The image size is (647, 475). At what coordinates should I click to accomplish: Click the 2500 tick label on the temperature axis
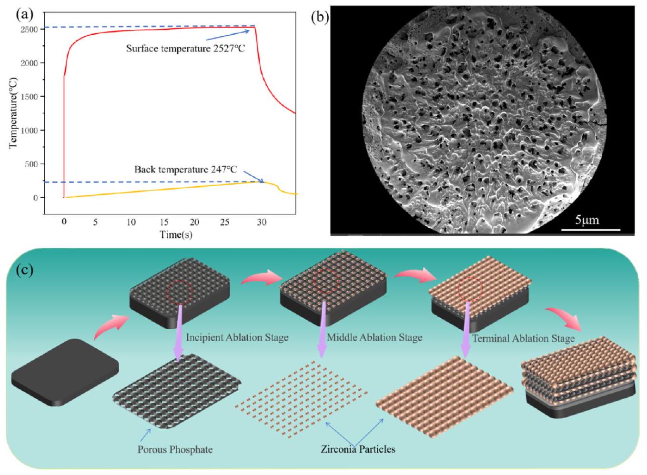click(29, 30)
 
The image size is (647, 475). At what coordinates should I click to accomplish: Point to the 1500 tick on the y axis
click(29, 97)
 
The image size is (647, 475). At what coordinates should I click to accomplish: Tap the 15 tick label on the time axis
click(164, 222)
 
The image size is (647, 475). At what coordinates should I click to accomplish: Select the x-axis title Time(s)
click(176, 234)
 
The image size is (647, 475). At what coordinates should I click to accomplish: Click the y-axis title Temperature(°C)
click(13, 112)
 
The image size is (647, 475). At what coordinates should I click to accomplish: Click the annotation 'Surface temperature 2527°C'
click(185, 48)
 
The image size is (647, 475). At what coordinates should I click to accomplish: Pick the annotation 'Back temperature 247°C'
click(185, 170)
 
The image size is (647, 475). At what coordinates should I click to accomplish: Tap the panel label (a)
click(25, 14)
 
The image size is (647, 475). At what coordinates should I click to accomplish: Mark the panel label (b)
click(320, 18)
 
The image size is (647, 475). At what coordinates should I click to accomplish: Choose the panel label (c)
click(25, 270)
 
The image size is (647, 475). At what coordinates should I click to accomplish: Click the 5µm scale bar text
click(587, 220)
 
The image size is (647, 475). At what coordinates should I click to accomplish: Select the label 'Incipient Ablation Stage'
click(237, 338)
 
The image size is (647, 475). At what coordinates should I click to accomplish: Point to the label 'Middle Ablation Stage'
click(374, 338)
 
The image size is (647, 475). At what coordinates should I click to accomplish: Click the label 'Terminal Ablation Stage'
click(523, 339)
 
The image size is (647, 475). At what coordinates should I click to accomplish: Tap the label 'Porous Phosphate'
click(175, 449)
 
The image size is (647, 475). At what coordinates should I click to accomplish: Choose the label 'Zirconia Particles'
click(358, 449)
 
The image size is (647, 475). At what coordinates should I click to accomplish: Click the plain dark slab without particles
click(64, 372)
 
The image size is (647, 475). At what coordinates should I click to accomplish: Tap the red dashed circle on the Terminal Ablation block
click(470, 288)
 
